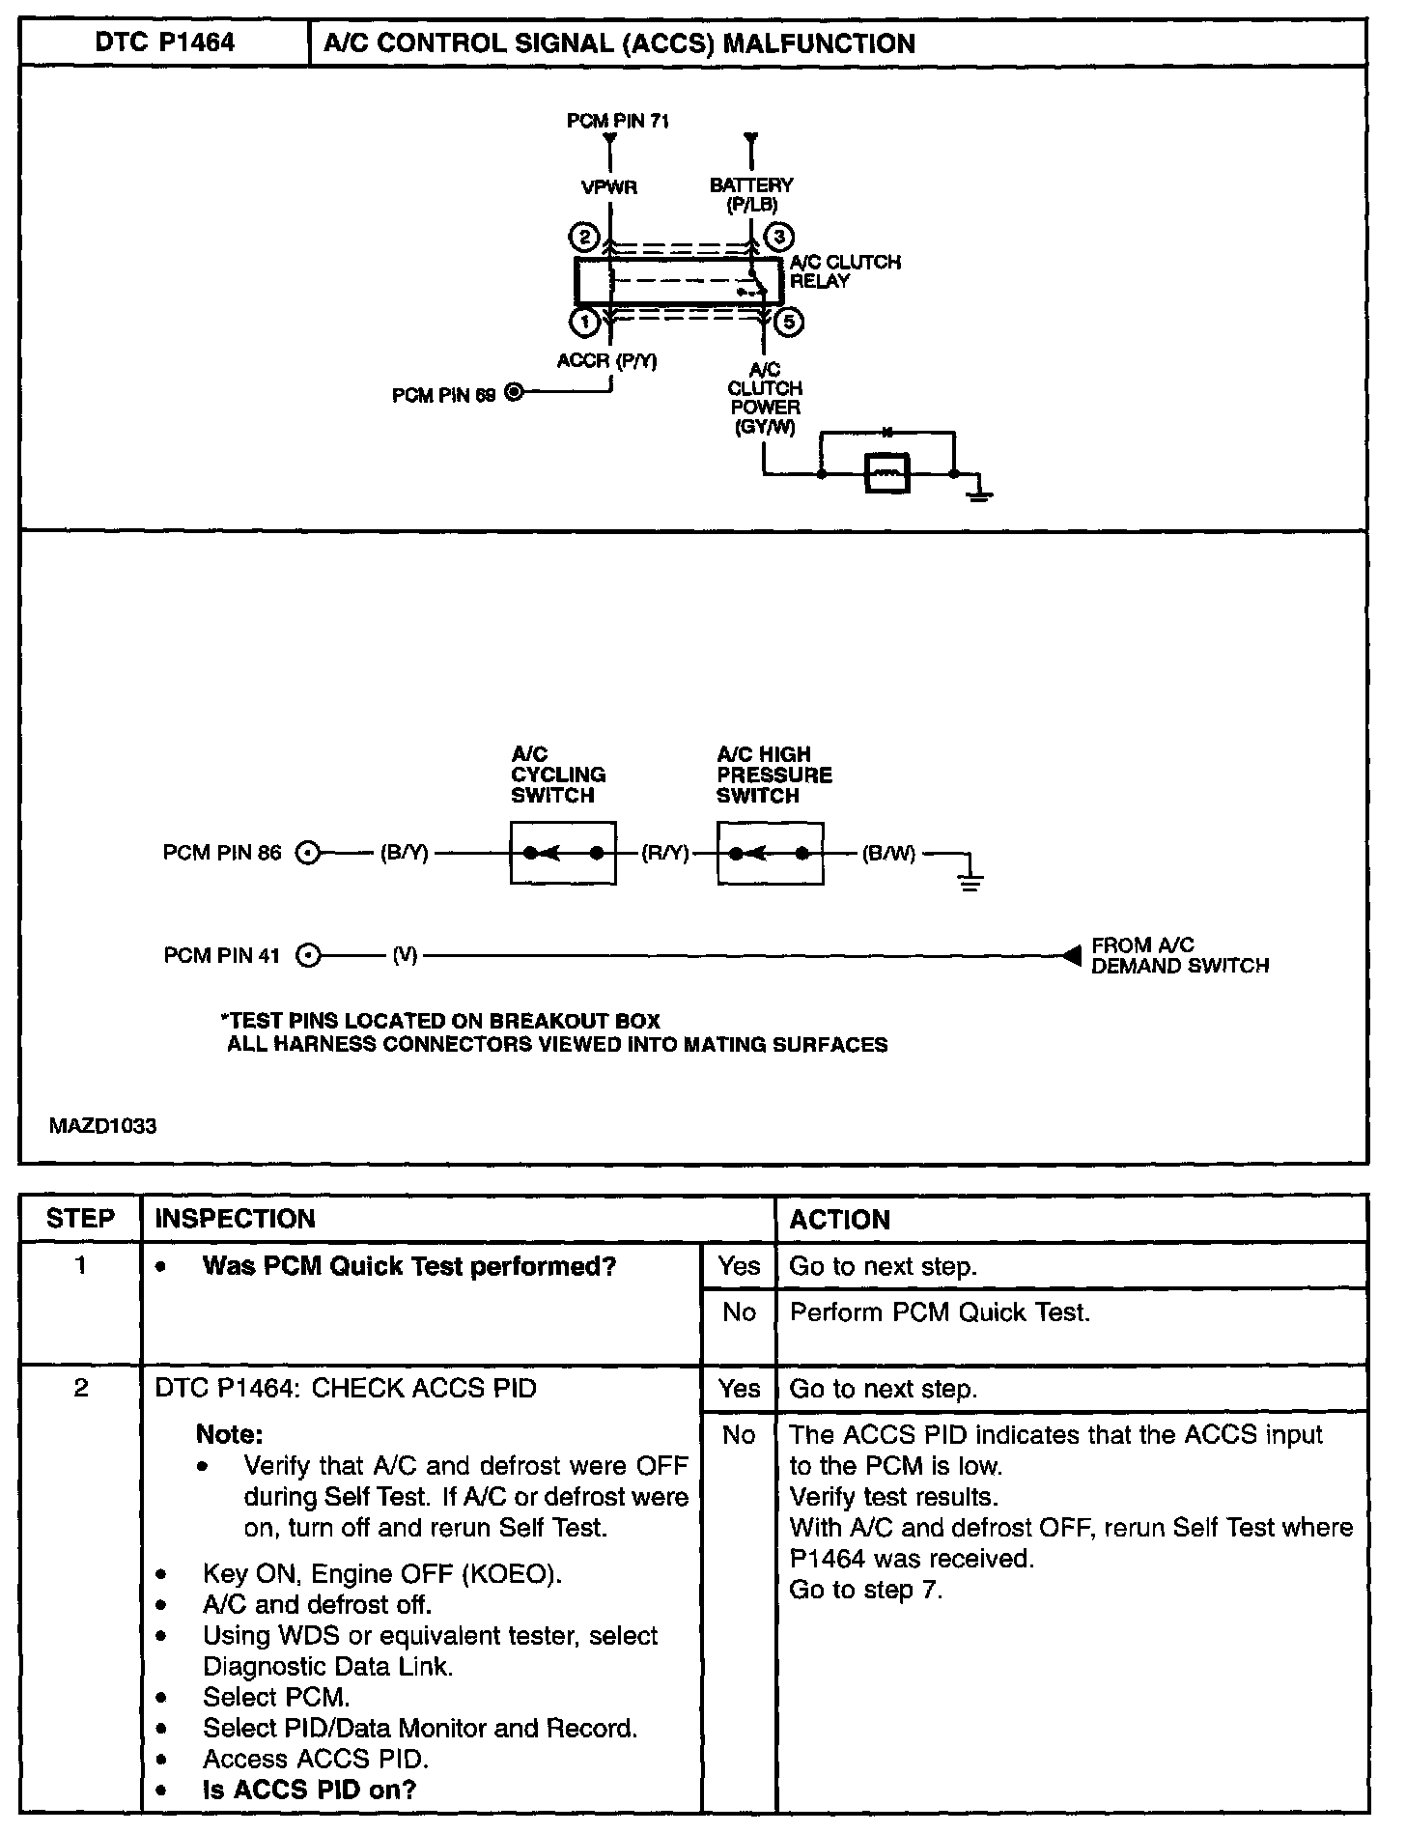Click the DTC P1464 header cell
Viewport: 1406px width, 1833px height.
164,43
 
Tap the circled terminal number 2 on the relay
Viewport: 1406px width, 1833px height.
584,238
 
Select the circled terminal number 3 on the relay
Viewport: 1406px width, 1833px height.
778,238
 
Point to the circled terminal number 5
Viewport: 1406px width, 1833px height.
789,321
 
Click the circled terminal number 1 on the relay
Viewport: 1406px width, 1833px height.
584,321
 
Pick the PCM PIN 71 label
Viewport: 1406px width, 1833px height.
618,121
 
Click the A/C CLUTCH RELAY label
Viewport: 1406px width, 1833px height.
844,271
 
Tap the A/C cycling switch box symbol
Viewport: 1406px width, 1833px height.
563,853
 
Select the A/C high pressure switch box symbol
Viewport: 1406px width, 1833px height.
770,853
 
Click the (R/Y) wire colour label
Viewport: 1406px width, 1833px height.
665,853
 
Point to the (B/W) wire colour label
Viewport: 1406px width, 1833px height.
888,853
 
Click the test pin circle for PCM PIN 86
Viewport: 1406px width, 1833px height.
307,853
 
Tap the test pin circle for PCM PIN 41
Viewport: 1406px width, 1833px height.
307,956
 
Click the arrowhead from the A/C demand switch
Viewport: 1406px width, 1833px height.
1071,955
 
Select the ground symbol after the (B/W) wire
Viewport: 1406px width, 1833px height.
970,880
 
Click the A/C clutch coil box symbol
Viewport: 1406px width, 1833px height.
886,473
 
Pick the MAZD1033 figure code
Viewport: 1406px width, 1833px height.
103,1126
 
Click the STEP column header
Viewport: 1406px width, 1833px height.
80,1219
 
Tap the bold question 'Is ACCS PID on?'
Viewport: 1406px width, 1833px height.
309,1790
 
